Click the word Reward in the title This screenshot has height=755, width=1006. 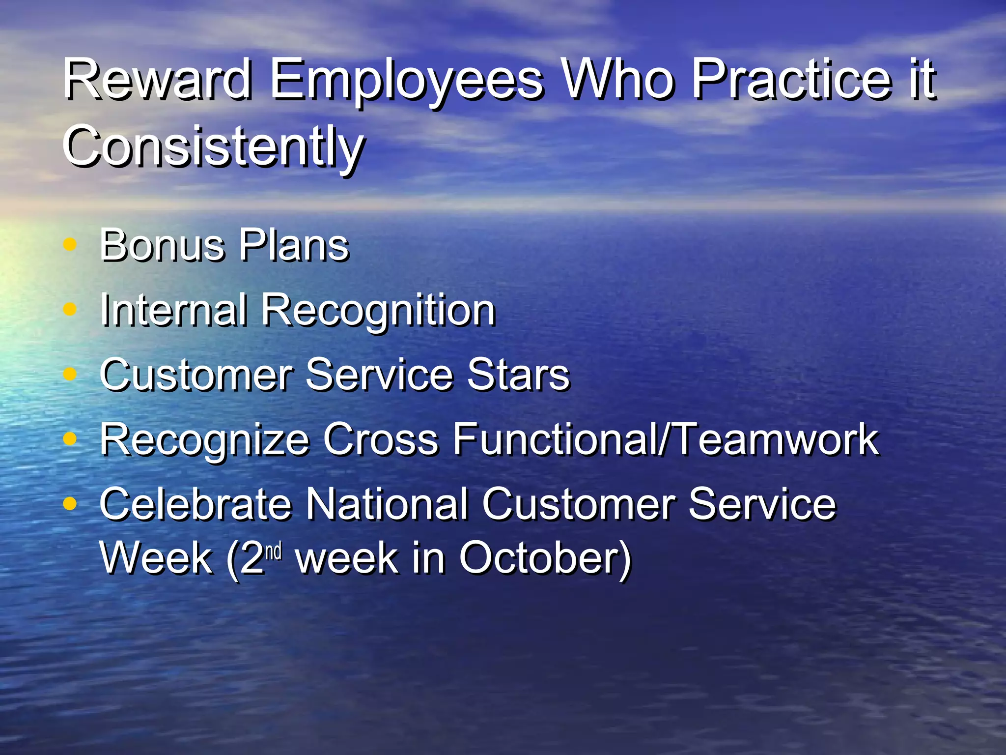click(157, 79)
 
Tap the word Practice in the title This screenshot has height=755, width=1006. click(791, 79)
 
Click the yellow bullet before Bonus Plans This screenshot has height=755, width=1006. click(70, 244)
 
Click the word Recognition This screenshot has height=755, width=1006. click(378, 311)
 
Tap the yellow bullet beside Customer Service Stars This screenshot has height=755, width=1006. click(70, 374)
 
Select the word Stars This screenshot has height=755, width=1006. click(518, 375)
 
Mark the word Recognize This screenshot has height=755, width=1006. click(204, 440)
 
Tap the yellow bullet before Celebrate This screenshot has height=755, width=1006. click(70, 503)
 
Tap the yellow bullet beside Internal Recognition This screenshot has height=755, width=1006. click(70, 309)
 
